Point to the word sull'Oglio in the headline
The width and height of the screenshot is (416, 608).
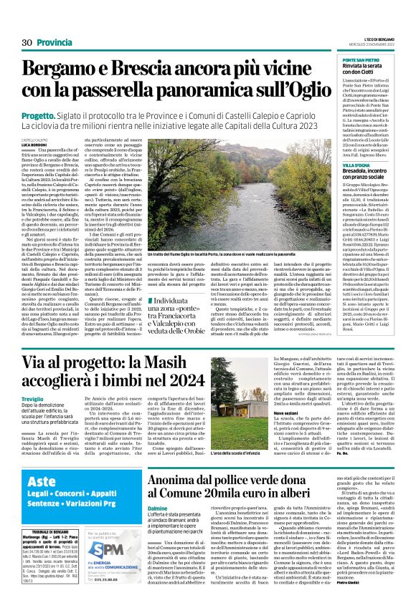click(x=279, y=91)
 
